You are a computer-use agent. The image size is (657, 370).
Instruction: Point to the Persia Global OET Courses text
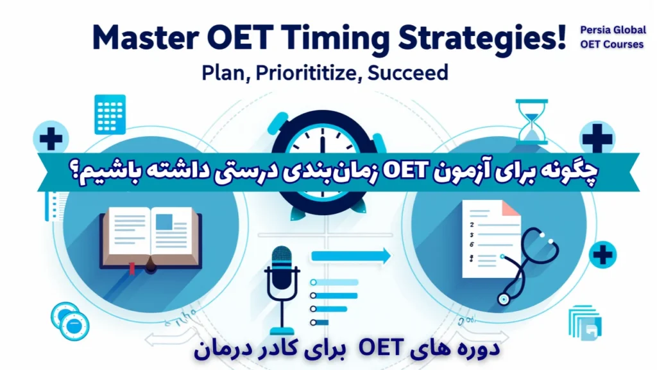click(611, 37)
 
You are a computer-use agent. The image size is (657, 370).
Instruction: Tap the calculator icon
click(110, 114)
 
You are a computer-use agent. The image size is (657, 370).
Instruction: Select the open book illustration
click(150, 238)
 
